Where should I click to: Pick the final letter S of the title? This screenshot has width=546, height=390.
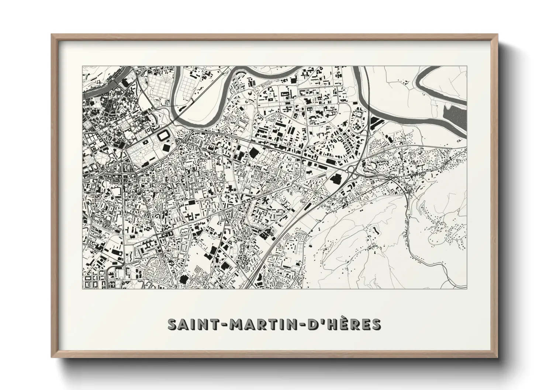pos(376,324)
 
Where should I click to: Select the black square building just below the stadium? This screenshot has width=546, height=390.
pos(167,147)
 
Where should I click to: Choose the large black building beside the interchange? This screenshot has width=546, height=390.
pos(336,180)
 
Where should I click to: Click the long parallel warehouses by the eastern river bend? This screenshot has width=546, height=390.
pos(377,121)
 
